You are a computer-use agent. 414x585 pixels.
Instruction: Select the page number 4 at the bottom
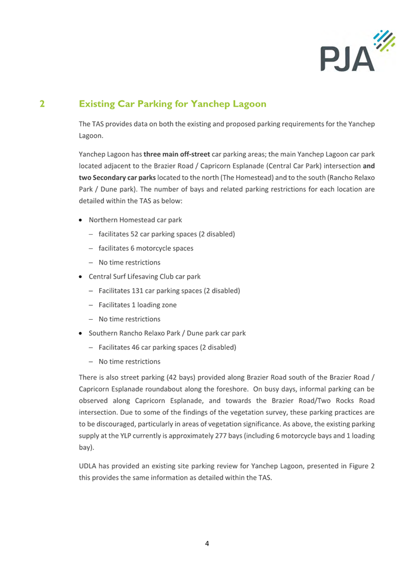[x=207, y=543]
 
